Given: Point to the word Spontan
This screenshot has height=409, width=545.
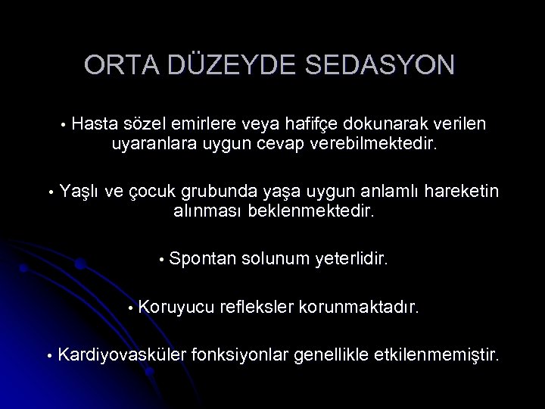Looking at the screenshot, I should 203,260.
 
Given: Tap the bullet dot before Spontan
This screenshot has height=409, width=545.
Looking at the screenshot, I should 161,261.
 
